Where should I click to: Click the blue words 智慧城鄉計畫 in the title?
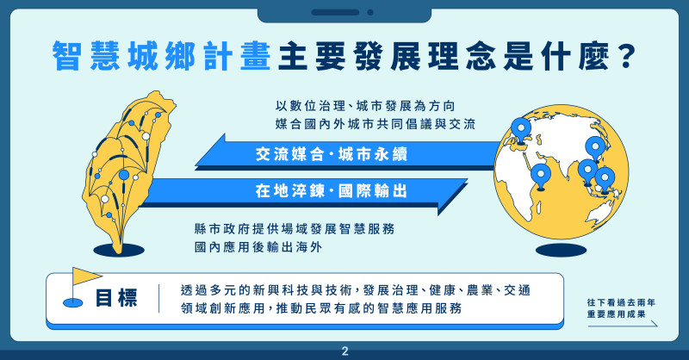click(161, 56)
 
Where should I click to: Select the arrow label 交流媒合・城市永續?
click(332, 154)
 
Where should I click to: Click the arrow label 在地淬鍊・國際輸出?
click(332, 191)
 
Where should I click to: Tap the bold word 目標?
click(116, 298)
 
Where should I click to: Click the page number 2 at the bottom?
click(344, 351)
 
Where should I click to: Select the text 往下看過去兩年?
click(621, 302)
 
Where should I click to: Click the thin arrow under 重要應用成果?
click(623, 325)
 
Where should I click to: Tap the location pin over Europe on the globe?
click(521, 131)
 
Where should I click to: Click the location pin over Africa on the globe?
click(541, 177)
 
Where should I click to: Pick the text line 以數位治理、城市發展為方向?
click(365, 106)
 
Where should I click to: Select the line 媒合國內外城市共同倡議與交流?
click(376, 124)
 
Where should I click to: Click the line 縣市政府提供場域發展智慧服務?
click(295, 228)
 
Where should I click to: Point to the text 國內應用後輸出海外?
click(258, 247)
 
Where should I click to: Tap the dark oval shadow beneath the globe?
click(562, 250)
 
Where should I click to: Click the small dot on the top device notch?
click(370, 12)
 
